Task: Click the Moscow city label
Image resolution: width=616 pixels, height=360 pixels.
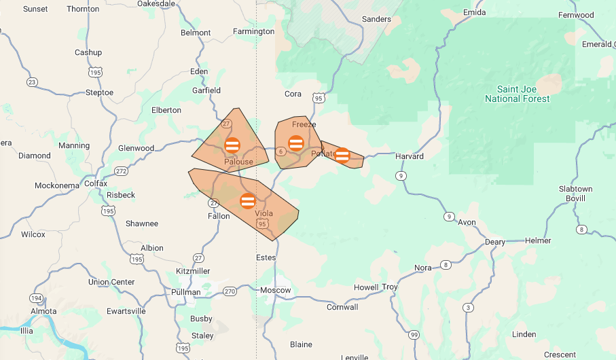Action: pyautogui.click(x=275, y=290)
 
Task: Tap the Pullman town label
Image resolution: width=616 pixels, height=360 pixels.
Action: pyautogui.click(x=187, y=292)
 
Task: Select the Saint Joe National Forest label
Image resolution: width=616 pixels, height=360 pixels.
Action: pyautogui.click(x=517, y=94)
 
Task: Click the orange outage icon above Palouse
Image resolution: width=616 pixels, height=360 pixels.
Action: pyautogui.click(x=232, y=145)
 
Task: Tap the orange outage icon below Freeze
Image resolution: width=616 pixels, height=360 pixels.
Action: pyautogui.click(x=296, y=143)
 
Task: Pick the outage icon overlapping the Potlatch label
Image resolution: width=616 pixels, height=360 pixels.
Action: pyautogui.click(x=342, y=156)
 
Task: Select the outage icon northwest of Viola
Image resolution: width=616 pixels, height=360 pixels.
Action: pyautogui.click(x=247, y=200)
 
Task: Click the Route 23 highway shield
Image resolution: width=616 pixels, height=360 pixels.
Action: pyautogui.click(x=32, y=82)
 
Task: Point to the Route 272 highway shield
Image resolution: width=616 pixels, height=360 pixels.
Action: pyautogui.click(x=121, y=171)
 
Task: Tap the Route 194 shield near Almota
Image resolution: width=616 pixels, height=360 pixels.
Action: pyautogui.click(x=35, y=298)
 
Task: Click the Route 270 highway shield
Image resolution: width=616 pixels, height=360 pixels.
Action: pyautogui.click(x=230, y=291)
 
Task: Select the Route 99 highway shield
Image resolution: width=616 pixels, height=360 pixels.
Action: pyautogui.click(x=414, y=335)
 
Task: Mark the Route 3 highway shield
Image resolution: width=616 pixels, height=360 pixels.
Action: pyautogui.click(x=468, y=308)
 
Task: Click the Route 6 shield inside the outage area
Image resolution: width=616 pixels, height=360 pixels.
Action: pyautogui.click(x=280, y=151)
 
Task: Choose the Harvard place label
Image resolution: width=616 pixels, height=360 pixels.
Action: pyautogui.click(x=410, y=156)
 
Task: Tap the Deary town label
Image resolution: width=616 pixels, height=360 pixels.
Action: pyautogui.click(x=494, y=242)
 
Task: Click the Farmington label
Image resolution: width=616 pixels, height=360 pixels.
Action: pyautogui.click(x=253, y=31)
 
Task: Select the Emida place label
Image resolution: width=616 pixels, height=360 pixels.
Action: pyautogui.click(x=474, y=12)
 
